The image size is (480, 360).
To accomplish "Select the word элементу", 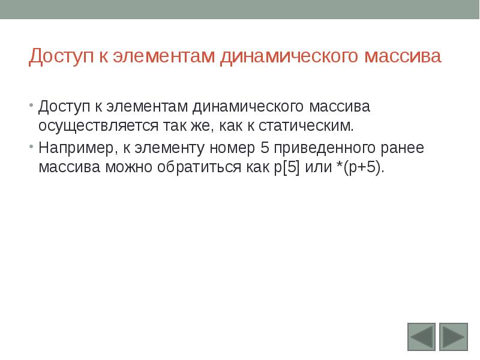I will click(159, 148).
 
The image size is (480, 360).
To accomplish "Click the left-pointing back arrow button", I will click(421, 337).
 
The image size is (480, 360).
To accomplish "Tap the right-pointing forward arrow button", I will click(453, 337).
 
